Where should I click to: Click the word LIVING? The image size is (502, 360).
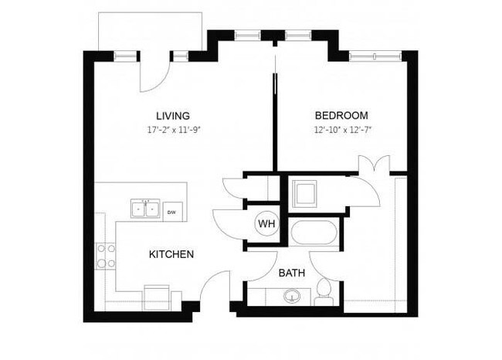(172, 116)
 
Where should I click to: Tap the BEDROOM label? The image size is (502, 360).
(341, 116)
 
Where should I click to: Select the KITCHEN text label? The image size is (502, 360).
(171, 254)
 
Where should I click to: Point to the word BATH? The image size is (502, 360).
(291, 273)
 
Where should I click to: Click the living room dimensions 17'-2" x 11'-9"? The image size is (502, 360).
(172, 130)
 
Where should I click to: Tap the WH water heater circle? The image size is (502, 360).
(266, 224)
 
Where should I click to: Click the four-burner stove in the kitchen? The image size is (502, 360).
(105, 256)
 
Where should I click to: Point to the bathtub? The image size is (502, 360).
(313, 233)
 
